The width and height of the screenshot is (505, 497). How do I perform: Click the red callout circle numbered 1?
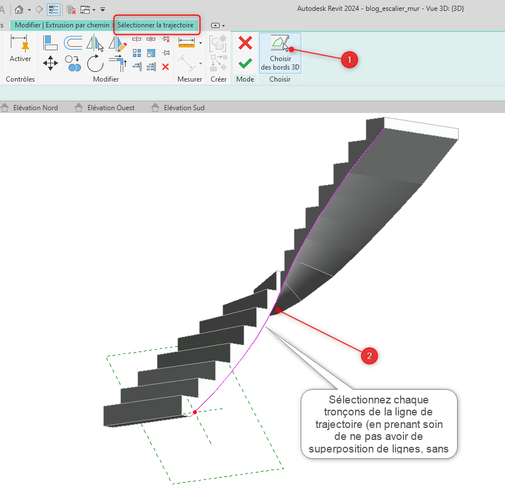tap(349, 60)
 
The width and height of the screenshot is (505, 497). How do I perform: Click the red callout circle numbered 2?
tap(369, 355)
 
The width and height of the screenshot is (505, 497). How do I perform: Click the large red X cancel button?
tap(245, 43)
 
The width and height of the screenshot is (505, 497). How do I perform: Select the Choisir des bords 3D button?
tap(280, 53)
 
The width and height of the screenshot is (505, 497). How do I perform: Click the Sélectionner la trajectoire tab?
tap(156, 25)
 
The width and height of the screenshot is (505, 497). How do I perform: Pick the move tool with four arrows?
tap(51, 63)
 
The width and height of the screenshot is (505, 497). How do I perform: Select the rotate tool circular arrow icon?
tap(95, 63)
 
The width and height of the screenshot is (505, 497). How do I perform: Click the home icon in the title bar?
tap(19, 9)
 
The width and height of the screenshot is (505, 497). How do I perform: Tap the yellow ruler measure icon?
tap(187, 43)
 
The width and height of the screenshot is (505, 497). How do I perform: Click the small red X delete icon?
tap(165, 67)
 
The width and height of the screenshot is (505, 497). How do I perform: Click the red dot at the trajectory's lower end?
tap(195, 413)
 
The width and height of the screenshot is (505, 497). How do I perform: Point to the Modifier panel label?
tap(106, 79)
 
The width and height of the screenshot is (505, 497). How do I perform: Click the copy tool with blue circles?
tap(73, 63)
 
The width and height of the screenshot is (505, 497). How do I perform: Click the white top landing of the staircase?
tap(421, 128)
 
